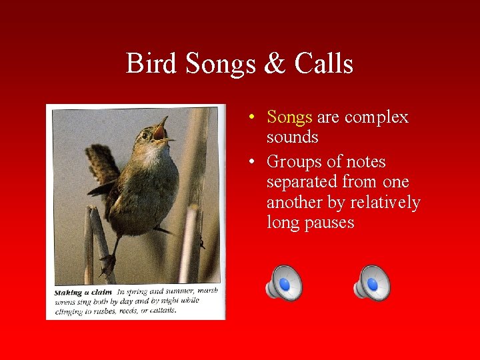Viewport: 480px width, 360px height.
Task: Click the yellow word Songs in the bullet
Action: (289, 117)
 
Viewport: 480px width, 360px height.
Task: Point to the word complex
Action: (376, 117)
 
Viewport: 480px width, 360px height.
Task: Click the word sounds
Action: (292, 137)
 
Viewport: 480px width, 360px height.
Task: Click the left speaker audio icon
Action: (284, 283)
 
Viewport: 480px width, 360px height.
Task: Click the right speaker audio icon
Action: (372, 283)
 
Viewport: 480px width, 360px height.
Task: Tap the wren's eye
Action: (145, 135)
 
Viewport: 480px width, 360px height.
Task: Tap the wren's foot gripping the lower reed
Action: (107, 266)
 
